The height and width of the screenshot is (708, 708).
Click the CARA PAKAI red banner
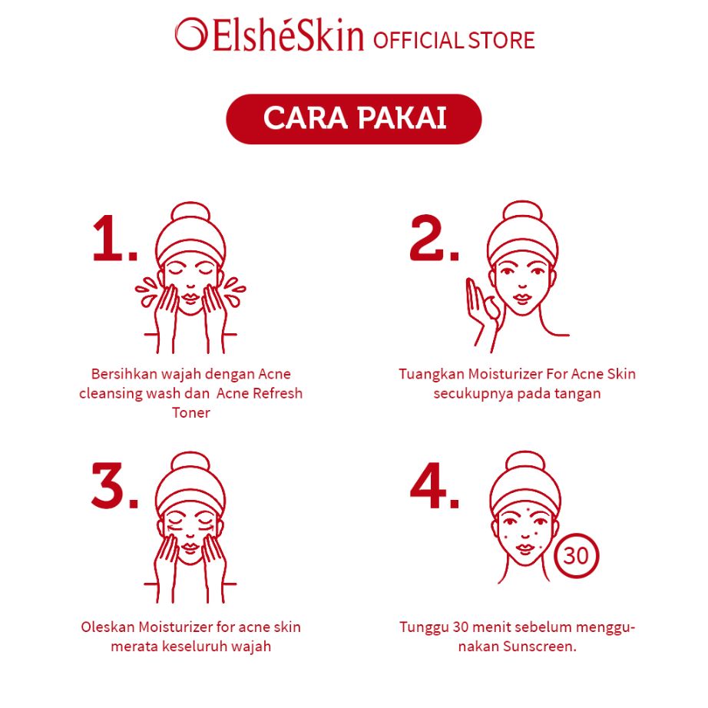[x=353, y=119]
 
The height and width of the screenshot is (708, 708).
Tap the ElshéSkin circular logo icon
[x=190, y=35]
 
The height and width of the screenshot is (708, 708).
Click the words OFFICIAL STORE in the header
[x=454, y=40]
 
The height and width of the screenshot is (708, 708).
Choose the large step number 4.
[x=434, y=485]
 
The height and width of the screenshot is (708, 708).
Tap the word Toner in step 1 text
[x=191, y=413]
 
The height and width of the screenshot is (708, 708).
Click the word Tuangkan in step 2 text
[x=430, y=374]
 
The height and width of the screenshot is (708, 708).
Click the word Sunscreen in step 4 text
[x=540, y=647]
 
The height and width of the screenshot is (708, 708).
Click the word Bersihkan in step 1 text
[x=123, y=374]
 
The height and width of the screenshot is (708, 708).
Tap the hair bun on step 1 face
[x=190, y=215]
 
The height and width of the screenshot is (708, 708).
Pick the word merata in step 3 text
[x=135, y=647]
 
